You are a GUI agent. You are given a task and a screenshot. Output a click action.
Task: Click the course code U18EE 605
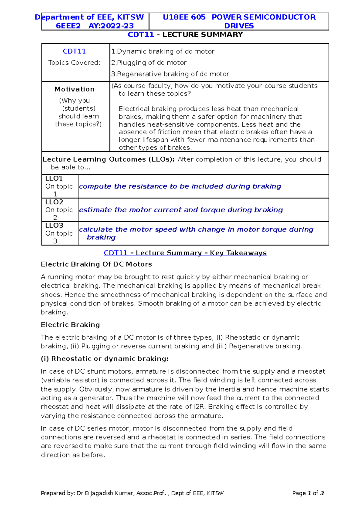pos(184,17)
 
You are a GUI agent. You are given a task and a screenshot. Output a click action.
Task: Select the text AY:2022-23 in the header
pos(111,26)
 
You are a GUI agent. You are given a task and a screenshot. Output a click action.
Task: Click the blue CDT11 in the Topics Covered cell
pos(74,51)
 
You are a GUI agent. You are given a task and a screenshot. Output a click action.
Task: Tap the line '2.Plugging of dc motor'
pos(149,63)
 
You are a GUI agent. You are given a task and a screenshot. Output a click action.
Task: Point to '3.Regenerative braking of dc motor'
pos(170,74)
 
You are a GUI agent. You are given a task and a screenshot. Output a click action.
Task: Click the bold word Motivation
pos(74,89)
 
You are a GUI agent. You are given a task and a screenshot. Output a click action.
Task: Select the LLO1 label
pos(54,179)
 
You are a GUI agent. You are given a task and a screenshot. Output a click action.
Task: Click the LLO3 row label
pos(54,225)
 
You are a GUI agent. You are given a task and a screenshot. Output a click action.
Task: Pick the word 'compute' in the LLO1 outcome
pos(95,186)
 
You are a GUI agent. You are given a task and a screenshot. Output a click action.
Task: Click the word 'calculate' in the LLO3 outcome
pos(96,230)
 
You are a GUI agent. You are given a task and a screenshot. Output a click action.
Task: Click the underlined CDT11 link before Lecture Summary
pos(115,253)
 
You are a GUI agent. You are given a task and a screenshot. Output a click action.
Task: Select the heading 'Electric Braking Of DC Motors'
pos(96,264)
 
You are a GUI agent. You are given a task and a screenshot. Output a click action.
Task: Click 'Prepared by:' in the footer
pos(58,493)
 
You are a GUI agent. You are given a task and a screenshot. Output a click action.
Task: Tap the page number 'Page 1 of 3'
pos(308,493)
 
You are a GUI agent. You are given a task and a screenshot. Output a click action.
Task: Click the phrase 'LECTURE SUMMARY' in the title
pos(202,35)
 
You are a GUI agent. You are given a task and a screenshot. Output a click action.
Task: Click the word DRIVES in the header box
pos(239,26)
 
